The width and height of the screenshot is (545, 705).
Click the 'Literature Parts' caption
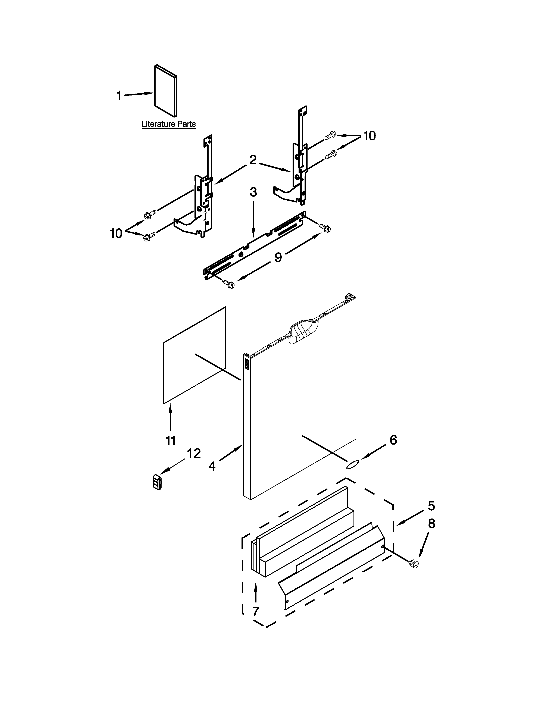169,124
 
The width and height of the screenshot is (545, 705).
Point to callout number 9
278,257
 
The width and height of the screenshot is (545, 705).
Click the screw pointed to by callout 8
413,564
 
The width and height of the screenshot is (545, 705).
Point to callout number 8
431,524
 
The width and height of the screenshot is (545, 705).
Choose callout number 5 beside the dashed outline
431,506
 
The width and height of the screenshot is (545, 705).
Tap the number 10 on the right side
369,136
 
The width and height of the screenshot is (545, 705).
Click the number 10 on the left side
116,233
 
